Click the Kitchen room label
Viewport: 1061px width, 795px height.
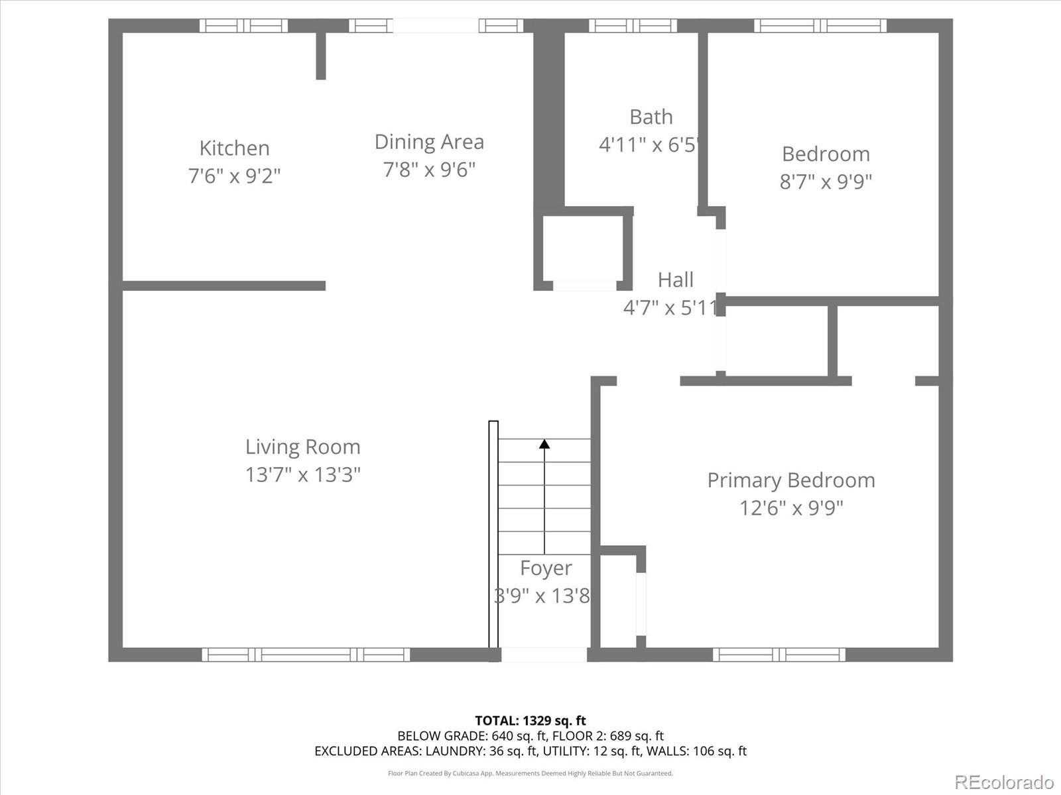(x=234, y=148)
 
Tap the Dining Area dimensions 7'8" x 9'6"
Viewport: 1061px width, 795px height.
(x=429, y=170)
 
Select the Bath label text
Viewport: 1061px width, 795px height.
(x=651, y=117)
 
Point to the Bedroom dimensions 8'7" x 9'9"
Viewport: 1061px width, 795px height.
(x=826, y=182)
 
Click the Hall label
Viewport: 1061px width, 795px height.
(x=675, y=280)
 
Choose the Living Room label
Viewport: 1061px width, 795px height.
(x=302, y=447)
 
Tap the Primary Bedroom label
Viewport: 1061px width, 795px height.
(x=790, y=480)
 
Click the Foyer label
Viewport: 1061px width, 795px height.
(x=545, y=568)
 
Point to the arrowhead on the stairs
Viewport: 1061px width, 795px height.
(x=544, y=444)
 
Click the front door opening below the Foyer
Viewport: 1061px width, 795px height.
(x=544, y=655)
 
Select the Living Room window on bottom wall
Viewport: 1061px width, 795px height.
(x=306, y=655)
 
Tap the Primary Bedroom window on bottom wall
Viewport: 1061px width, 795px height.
(x=779, y=655)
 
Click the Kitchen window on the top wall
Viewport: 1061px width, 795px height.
(x=243, y=26)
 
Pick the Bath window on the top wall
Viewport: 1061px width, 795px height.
(x=633, y=26)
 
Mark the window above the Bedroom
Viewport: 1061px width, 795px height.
(x=820, y=26)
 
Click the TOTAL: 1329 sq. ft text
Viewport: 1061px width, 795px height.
(x=530, y=720)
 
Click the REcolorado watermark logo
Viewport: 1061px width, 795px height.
(x=1005, y=782)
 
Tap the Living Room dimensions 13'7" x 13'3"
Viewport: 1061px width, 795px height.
(x=302, y=474)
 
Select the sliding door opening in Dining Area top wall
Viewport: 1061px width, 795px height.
(x=436, y=26)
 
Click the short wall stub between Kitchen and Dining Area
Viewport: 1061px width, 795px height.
(x=321, y=56)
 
